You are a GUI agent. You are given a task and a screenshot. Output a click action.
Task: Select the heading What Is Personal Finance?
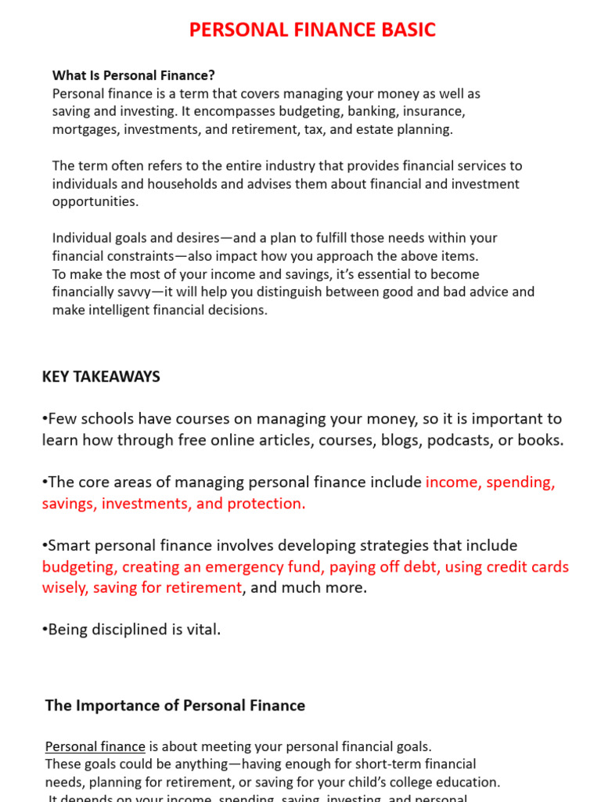coord(133,75)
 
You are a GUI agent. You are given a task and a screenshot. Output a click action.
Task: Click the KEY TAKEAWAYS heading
coord(101,377)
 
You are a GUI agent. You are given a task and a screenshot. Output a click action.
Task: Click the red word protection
coord(266,504)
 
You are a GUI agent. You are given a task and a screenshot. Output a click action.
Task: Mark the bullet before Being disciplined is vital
coord(45,630)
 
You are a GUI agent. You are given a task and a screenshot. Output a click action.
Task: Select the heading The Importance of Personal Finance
coord(175,706)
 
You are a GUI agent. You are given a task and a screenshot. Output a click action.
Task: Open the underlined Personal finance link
coord(95,746)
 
